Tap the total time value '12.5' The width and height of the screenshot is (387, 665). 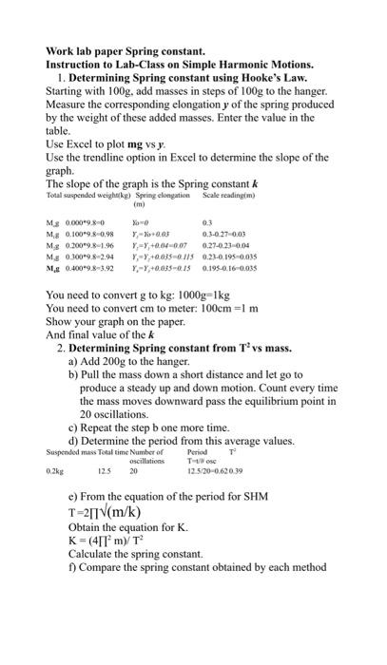tap(105, 471)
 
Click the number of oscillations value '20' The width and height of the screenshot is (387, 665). tap(134, 471)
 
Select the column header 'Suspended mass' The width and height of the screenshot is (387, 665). tap(68, 452)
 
